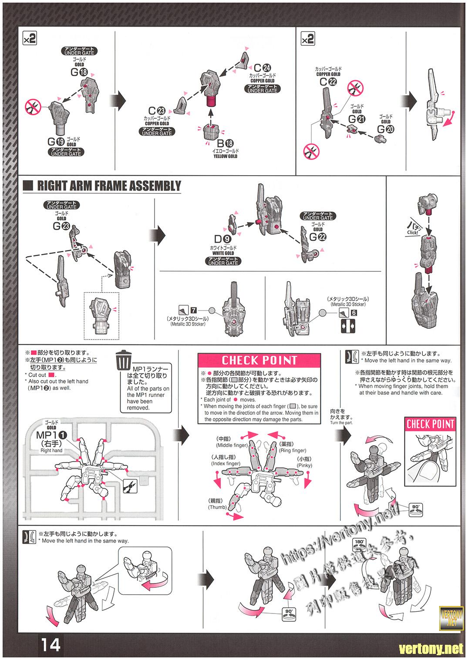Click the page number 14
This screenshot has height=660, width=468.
[51, 644]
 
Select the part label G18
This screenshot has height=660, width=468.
[79, 73]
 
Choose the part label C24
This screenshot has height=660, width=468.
[262, 68]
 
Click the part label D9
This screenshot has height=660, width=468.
[223, 239]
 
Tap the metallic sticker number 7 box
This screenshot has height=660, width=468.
[193, 310]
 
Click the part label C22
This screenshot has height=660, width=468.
[329, 82]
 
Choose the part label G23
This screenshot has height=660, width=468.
[61, 226]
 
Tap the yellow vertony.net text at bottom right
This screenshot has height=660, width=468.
[431, 649]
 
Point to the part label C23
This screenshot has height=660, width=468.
[157, 111]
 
